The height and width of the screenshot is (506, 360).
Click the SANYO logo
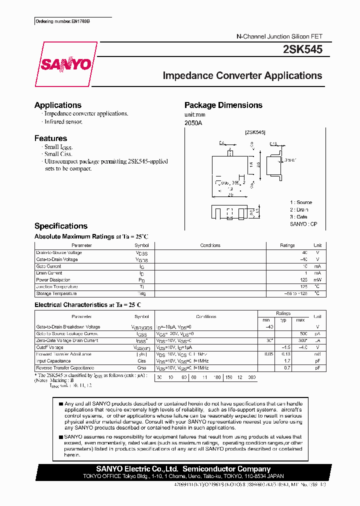click(65, 64)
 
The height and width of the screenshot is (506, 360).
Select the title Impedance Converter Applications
click(242, 76)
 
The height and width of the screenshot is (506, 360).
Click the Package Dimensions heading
click(223, 105)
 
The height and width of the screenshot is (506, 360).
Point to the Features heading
click(50, 138)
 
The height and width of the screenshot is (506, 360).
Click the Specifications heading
click(60, 226)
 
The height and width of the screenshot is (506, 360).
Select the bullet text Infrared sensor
click(63, 121)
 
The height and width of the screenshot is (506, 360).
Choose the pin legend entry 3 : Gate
click(298, 217)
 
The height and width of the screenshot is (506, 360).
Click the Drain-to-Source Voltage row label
click(59, 252)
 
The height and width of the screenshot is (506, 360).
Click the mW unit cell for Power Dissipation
click(317, 280)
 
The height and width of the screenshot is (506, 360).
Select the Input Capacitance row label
click(53, 360)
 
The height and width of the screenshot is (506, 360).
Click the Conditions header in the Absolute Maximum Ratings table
click(210, 245)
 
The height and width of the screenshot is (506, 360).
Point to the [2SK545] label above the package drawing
click(255, 132)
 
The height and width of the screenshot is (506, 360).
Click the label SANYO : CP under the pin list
click(303, 224)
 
